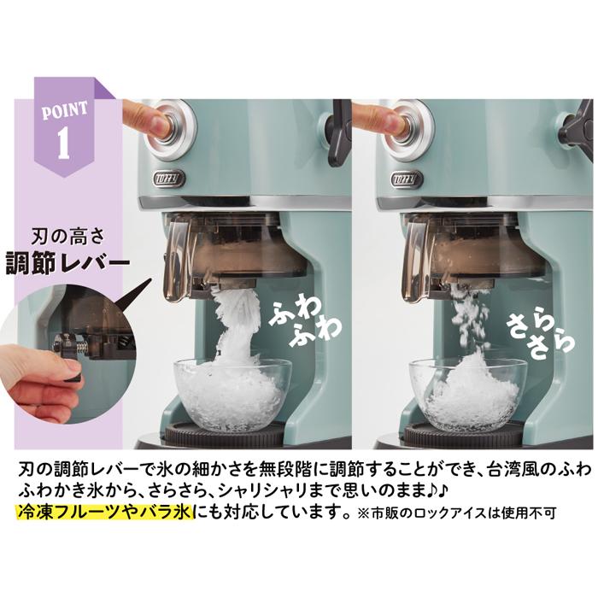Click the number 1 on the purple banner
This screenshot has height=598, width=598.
tap(62, 143)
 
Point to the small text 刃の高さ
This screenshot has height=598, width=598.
tap(67, 231)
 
